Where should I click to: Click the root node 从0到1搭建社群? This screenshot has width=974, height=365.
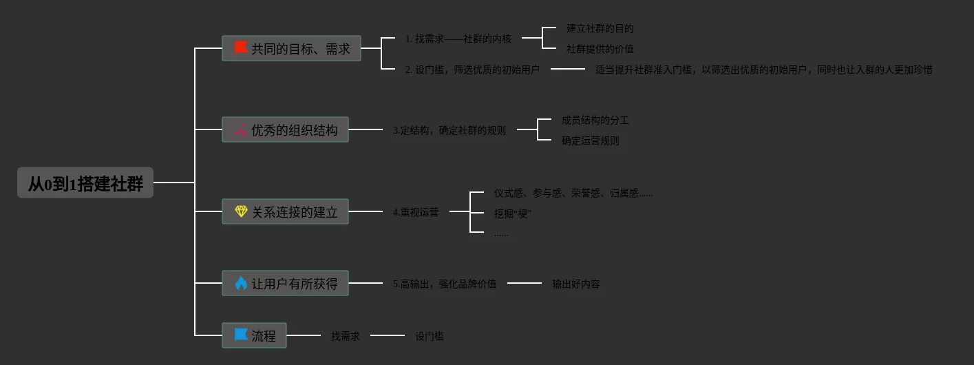[85, 183]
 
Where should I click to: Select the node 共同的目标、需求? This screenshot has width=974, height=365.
[291, 48]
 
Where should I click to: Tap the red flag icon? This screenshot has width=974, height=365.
[240, 48]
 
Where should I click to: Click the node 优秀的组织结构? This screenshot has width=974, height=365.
[285, 129]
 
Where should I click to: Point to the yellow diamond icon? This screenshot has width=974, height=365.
[241, 211]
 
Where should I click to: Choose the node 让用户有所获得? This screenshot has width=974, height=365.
[285, 283]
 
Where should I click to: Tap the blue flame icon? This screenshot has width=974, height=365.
[241, 283]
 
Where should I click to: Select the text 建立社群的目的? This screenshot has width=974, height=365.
[600, 28]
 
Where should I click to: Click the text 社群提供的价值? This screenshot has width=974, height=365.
[600, 49]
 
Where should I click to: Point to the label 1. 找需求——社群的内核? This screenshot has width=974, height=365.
[458, 39]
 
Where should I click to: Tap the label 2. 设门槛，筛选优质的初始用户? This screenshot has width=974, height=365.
[472, 70]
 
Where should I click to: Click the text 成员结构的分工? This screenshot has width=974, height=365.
[595, 120]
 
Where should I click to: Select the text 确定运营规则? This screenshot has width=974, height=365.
[590, 140]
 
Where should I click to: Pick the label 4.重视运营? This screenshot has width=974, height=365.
[415, 212]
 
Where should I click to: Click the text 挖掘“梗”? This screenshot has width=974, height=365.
[513, 213]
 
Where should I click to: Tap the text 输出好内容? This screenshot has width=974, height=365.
[575, 284]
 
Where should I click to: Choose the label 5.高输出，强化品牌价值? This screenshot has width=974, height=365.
[444, 284]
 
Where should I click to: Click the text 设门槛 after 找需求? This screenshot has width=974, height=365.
[429, 336]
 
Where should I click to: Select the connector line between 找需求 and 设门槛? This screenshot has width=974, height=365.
[388, 335]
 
